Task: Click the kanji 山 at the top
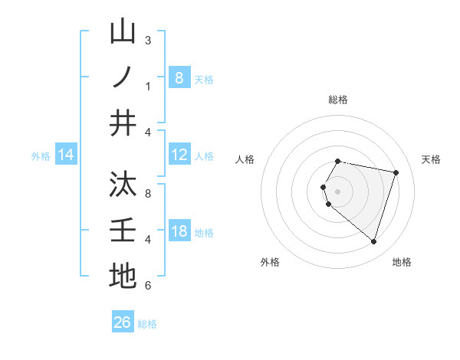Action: pyautogui.click(x=123, y=32)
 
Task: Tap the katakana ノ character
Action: pyautogui.click(x=123, y=77)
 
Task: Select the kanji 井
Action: pyautogui.click(x=123, y=122)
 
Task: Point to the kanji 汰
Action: pyautogui.click(x=123, y=185)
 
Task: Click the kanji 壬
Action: pyautogui.click(x=123, y=230)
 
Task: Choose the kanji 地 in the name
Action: pyautogui.click(x=123, y=275)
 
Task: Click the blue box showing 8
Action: pyautogui.click(x=179, y=77)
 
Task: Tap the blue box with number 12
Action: pyautogui.click(x=179, y=155)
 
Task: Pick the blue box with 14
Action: pyautogui.click(x=66, y=155)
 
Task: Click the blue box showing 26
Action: pyautogui.click(x=123, y=322)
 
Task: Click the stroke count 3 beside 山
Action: pyautogui.click(x=148, y=40)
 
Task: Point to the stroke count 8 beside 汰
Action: pyautogui.click(x=148, y=193)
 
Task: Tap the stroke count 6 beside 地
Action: pyautogui.click(x=148, y=285)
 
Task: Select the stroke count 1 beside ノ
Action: pyautogui.click(x=148, y=86)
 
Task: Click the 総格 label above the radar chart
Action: pyautogui.click(x=338, y=100)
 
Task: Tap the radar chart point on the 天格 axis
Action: pyautogui.click(x=396, y=172)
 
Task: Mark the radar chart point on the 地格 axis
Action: pyautogui.click(x=373, y=242)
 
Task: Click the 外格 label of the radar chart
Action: pyautogui.click(x=270, y=262)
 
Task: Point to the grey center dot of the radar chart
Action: pyautogui.click(x=338, y=191)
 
